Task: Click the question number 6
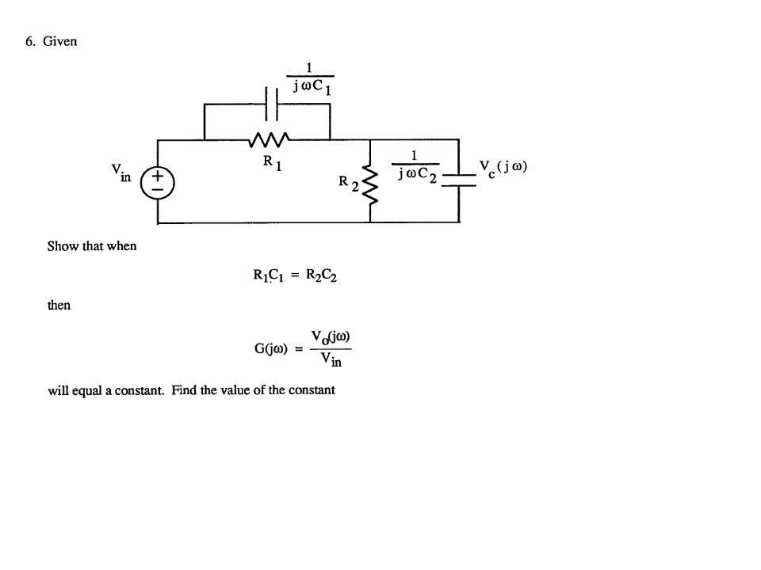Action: point(29,42)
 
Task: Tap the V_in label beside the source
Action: point(121,172)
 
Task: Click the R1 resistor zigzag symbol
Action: point(267,139)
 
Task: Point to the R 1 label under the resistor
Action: point(272,162)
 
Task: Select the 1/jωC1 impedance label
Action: point(310,79)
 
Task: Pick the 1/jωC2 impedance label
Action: point(415,167)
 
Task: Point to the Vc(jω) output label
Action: point(503,168)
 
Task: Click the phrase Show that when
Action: point(92,246)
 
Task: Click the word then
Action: point(59,306)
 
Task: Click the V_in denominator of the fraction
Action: point(331,360)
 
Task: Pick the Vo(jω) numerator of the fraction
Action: point(331,336)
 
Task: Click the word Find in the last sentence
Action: point(184,389)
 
